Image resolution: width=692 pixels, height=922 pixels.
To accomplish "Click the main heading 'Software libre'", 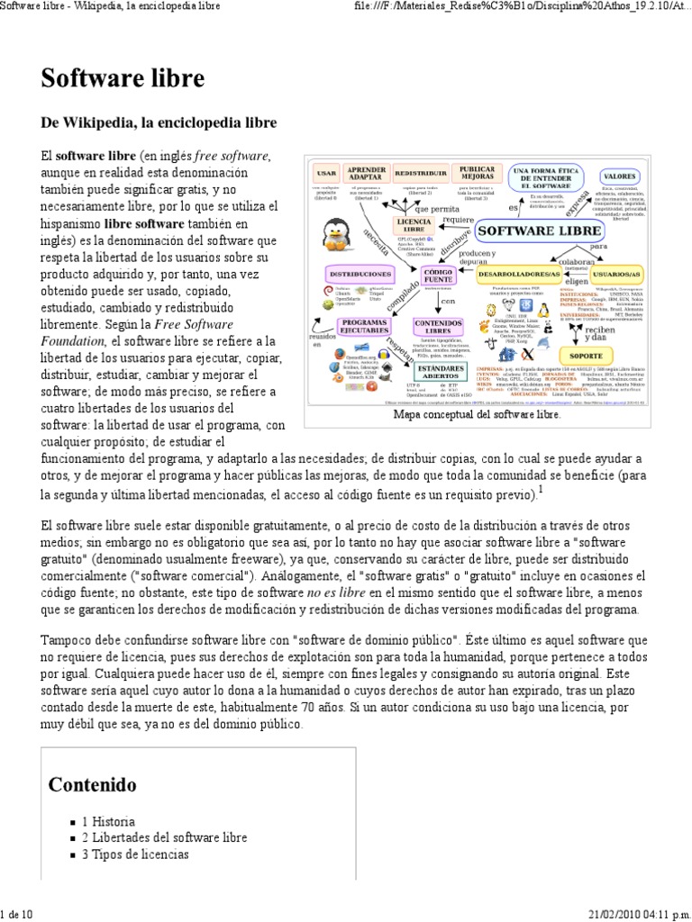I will (x=123, y=78).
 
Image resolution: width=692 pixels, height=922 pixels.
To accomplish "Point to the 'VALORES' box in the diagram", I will (x=620, y=176).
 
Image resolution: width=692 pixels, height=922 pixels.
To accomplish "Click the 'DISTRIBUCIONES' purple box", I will (x=360, y=272).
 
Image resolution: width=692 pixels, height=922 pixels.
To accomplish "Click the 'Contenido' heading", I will (x=93, y=784).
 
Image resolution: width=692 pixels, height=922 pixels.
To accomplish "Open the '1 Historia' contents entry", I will (x=108, y=821).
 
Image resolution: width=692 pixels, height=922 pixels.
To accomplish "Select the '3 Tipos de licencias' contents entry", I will (x=135, y=854).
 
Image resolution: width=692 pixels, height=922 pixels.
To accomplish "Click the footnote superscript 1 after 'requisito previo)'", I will (x=540, y=490).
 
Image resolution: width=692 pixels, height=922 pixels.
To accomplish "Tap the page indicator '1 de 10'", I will (x=17, y=914).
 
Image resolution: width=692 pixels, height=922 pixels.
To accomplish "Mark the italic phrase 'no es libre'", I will (x=337, y=592).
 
